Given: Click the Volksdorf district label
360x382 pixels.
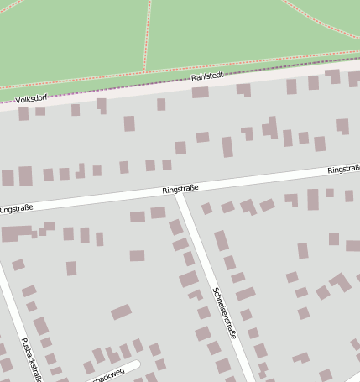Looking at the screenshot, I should pos(31,98).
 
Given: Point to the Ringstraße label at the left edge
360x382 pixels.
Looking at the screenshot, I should pos(16,207).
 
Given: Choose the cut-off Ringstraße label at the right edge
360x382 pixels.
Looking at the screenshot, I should pos(343,170).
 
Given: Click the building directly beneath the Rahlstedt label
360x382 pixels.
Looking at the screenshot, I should pos(200,92).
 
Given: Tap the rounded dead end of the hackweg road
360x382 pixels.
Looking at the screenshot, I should pos(136,365).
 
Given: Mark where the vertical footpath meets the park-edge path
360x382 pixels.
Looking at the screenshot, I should pos(143,71).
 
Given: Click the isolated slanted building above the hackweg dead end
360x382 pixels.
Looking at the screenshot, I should pos(121,312).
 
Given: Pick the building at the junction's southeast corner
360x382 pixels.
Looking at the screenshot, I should pos(206,208).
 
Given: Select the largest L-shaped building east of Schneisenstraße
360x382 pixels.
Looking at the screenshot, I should pos(340,281).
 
